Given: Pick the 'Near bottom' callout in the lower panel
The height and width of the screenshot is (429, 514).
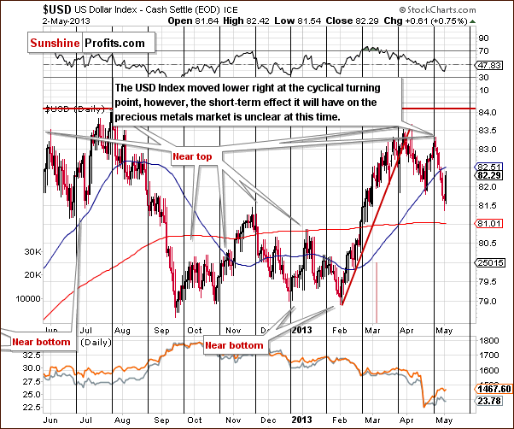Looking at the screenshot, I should tap(233, 344).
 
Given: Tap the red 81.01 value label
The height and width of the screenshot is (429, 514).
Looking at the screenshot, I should tap(486, 223).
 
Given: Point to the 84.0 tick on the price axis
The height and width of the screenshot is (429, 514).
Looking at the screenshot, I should tap(484, 111).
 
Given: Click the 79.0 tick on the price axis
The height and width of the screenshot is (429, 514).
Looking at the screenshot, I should tap(484, 301).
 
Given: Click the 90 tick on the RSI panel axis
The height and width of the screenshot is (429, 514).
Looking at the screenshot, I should tap(482, 38).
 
